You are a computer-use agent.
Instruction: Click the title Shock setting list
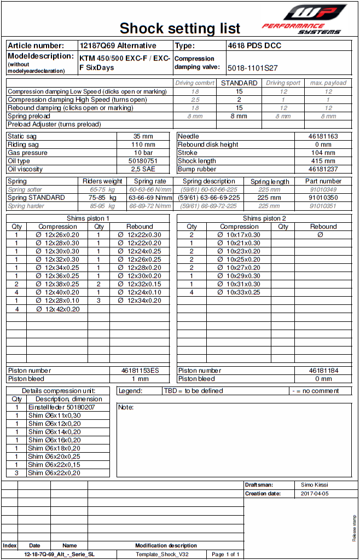pyautogui.click(x=179, y=28)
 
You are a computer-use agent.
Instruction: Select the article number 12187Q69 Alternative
pyautogui.click(x=118, y=46)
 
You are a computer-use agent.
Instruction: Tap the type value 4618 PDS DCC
pyautogui.click(x=254, y=46)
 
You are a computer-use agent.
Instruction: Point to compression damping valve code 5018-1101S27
pyautogui.click(x=253, y=68)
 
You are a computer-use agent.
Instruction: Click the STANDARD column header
pyautogui.click(x=239, y=83)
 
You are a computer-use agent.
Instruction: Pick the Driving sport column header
pyautogui.click(x=283, y=83)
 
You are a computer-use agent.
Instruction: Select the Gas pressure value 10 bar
pyautogui.click(x=143, y=153)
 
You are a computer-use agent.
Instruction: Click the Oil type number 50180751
pyautogui.click(x=143, y=161)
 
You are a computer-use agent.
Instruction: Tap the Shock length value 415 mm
pyautogui.click(x=323, y=161)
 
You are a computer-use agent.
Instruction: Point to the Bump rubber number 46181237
pyautogui.click(x=323, y=169)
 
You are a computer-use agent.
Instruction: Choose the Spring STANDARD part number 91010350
pyautogui.click(x=323, y=198)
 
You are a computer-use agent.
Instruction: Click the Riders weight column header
pyautogui.click(x=102, y=181)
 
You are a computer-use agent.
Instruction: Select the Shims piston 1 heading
pyautogui.click(x=88, y=218)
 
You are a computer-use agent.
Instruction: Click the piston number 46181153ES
pyautogui.click(x=140, y=371)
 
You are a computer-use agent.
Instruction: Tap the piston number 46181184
pyautogui.click(x=323, y=371)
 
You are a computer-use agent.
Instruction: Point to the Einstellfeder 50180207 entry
pyautogui.click(x=61, y=407)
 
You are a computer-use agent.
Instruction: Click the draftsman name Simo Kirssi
pyautogui.click(x=315, y=485)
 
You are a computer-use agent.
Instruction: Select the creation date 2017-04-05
pyautogui.click(x=315, y=494)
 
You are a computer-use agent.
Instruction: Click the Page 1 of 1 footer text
pyautogui.click(x=225, y=555)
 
